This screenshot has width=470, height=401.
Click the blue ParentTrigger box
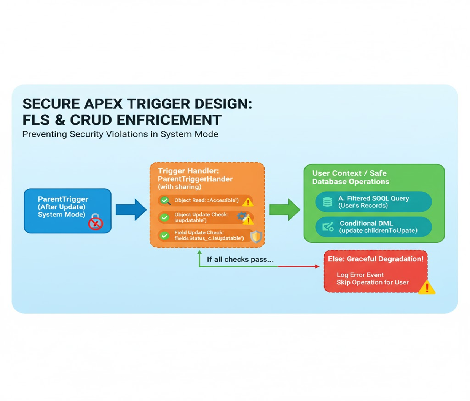click(x=67, y=210)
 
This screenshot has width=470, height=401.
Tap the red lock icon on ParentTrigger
click(x=95, y=222)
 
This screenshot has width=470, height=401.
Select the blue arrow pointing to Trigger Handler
click(x=131, y=210)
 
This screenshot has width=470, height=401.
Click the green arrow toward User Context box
click(x=284, y=210)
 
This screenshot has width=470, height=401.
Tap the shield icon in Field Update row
click(x=256, y=237)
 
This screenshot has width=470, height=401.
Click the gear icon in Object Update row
click(x=242, y=215)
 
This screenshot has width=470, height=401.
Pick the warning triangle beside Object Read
click(x=248, y=202)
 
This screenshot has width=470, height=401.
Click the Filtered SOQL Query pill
click(x=373, y=202)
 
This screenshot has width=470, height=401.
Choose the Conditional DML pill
click(x=373, y=227)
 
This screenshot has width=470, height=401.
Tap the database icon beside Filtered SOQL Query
click(x=327, y=202)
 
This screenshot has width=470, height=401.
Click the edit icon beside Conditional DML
click(x=327, y=227)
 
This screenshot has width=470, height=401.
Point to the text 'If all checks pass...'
click(x=240, y=259)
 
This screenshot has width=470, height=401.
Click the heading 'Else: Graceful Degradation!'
click(x=376, y=259)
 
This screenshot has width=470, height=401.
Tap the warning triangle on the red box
click(x=426, y=288)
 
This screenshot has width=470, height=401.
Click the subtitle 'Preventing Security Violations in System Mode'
click(x=120, y=134)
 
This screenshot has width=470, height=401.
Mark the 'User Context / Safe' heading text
click(x=349, y=173)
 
